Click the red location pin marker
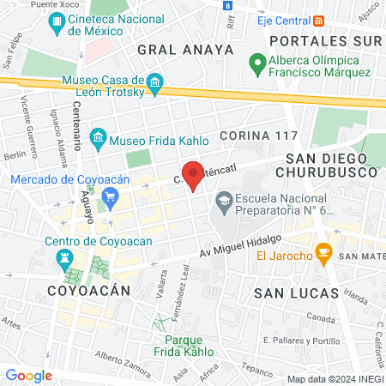point(194,174)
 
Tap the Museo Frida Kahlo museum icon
point(99,137)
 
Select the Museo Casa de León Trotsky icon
point(155,83)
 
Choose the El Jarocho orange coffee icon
point(323,252)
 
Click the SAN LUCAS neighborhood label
point(294,294)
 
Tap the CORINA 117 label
point(258,136)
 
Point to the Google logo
point(28,375)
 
